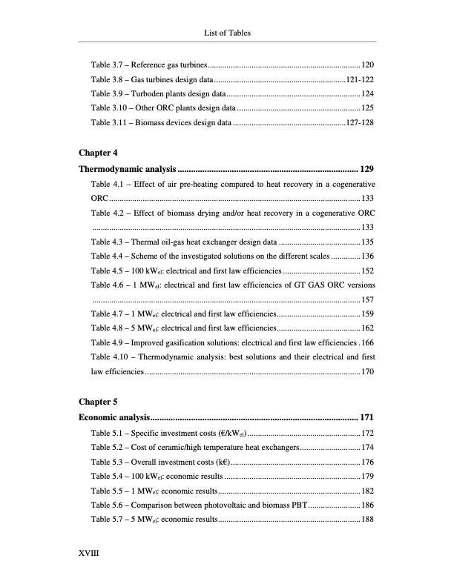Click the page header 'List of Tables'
tap(227, 32)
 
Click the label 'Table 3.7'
tap(107, 64)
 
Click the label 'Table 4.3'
tap(107, 242)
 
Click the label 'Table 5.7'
tap(107, 519)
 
